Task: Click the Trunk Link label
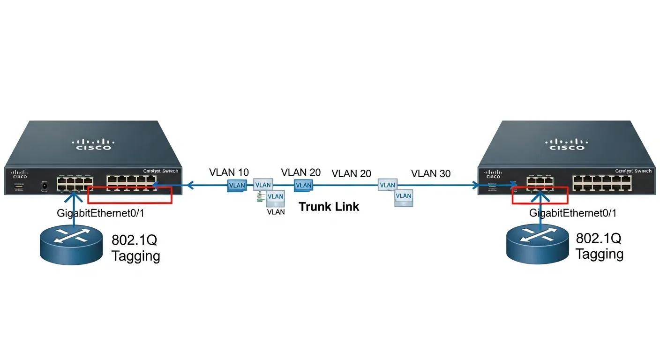click(329, 207)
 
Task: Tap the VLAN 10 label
click(229, 172)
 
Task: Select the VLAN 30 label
click(430, 174)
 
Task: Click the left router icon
click(71, 244)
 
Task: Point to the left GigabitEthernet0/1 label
click(100, 213)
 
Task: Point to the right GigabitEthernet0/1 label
click(572, 213)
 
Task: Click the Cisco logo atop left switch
click(94, 143)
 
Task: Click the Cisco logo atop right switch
click(567, 143)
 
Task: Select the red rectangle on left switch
click(130, 195)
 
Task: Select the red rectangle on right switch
click(540, 195)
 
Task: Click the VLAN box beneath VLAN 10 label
click(237, 186)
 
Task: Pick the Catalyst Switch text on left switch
click(160, 171)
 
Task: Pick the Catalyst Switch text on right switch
click(633, 171)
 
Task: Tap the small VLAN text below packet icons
click(276, 212)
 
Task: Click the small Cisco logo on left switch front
click(20, 174)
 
